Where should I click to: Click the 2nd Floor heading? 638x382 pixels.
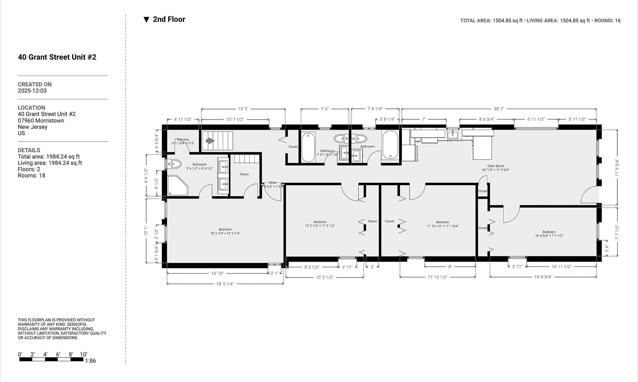[x=169, y=19]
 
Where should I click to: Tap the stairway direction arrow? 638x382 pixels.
[x=210, y=141]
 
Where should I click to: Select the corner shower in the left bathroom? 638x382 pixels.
[x=177, y=186]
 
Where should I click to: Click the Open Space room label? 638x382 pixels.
[x=496, y=168]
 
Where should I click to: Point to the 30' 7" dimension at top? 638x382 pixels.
[x=499, y=109]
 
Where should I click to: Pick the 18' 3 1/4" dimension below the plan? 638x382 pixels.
[x=225, y=284]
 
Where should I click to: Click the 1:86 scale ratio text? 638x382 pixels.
[x=91, y=361]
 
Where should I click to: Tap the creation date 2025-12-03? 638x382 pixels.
[x=32, y=91]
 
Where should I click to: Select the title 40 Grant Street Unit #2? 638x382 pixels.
[x=57, y=57]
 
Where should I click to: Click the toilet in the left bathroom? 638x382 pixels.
[x=174, y=164]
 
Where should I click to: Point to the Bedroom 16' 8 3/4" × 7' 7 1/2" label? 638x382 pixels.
[x=549, y=234]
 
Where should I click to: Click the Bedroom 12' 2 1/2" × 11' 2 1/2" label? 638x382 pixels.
[x=320, y=224]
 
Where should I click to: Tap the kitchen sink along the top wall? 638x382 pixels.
[x=453, y=134]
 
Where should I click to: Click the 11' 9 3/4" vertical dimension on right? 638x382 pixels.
[x=617, y=168]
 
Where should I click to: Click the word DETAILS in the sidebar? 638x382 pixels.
[x=29, y=150]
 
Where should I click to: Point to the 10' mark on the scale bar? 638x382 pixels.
[x=84, y=354]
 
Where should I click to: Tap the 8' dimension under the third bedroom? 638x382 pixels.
[x=450, y=267]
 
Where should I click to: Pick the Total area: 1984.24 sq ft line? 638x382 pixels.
[x=49, y=157]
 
